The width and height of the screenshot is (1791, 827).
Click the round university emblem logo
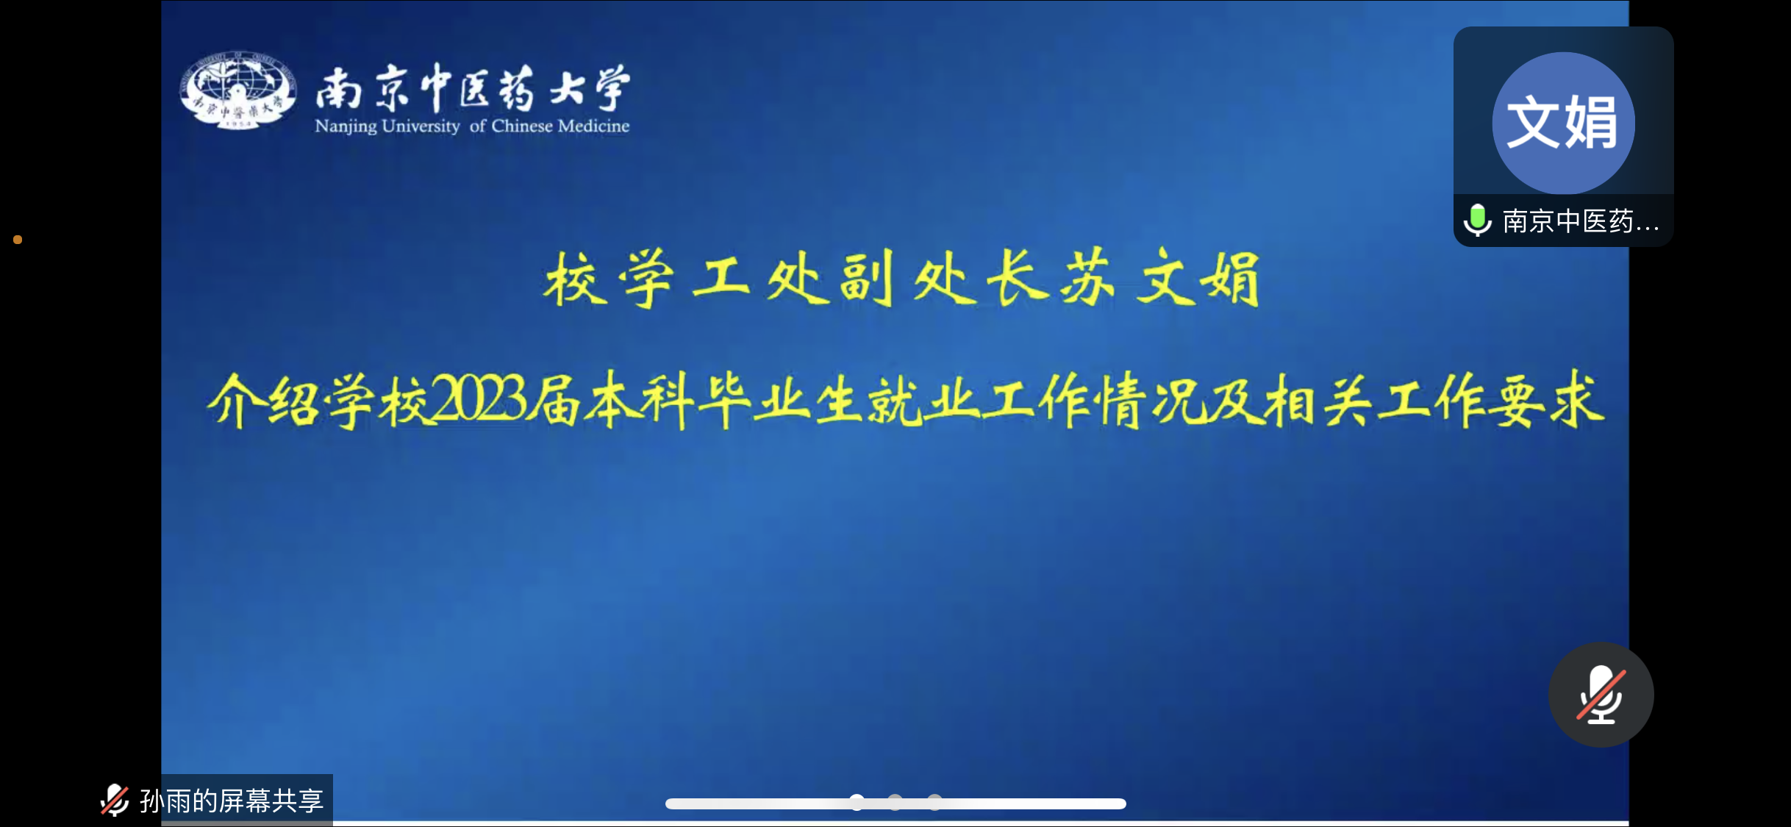[x=238, y=90]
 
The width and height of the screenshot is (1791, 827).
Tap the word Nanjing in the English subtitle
[x=346, y=126]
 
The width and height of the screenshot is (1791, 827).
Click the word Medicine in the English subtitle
[x=593, y=126]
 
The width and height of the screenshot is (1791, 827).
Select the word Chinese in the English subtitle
[x=522, y=126]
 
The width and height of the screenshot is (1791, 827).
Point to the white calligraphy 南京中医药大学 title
[x=473, y=87]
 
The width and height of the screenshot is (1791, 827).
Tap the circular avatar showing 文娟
[x=1563, y=123]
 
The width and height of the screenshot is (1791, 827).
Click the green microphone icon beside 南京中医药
[x=1477, y=220]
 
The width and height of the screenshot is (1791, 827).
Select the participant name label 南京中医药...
[x=1581, y=221]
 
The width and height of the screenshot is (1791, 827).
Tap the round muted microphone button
[x=1601, y=695]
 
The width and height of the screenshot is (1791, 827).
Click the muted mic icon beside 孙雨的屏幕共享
[x=115, y=800]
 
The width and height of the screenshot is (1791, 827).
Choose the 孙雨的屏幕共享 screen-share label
[x=232, y=801]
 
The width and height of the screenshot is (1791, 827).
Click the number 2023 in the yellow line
[x=479, y=401]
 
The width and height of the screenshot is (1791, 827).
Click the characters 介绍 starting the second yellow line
[x=263, y=401]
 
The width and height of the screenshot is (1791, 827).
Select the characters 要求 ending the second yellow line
[x=1548, y=401]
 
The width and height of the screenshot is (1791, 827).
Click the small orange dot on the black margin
[x=18, y=240]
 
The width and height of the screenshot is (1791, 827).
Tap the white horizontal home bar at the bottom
[x=895, y=803]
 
